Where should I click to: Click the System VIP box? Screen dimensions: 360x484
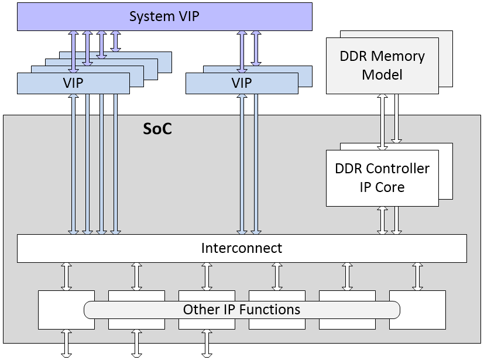click(x=164, y=16)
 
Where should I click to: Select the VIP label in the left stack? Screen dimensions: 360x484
click(x=73, y=83)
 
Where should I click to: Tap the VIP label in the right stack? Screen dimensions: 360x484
click(x=241, y=83)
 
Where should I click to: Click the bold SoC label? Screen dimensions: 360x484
click(x=157, y=129)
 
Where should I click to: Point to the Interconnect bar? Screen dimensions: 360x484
click(x=241, y=248)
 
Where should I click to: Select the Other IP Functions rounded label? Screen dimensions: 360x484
click(x=241, y=309)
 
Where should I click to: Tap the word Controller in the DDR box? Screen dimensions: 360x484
click(x=397, y=169)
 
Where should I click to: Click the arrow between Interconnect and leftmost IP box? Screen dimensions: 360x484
click(x=66, y=276)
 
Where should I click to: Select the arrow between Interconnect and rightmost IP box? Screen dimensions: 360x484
click(x=417, y=276)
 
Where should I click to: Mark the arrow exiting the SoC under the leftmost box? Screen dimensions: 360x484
click(x=66, y=343)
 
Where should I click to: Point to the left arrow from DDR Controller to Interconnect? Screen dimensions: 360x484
click(x=382, y=220)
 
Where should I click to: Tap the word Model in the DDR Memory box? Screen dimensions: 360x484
click(x=382, y=75)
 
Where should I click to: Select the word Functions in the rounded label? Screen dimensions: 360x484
click(x=273, y=309)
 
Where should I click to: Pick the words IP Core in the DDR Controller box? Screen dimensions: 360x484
click(x=382, y=187)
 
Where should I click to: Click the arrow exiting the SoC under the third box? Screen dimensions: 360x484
click(x=207, y=343)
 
